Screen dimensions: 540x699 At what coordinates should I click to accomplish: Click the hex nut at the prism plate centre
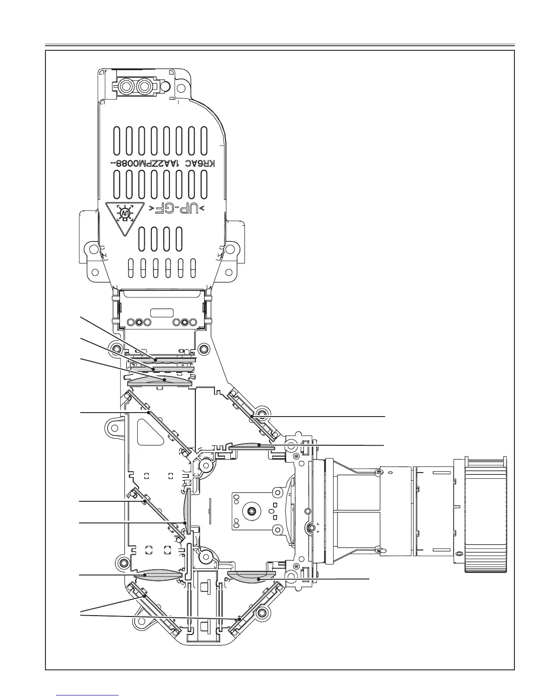coord(251,510)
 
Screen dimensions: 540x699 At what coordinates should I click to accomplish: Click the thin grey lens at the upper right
coord(252,447)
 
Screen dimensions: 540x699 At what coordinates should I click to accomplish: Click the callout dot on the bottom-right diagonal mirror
coord(239,619)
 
